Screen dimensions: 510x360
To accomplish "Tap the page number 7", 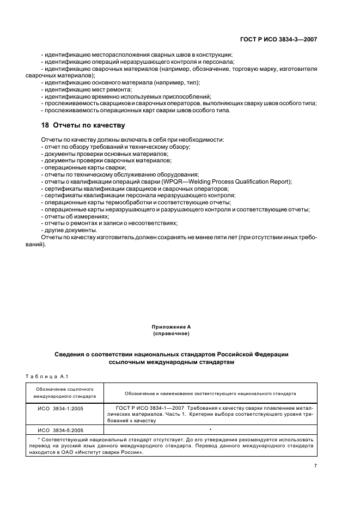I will (x=315, y=466).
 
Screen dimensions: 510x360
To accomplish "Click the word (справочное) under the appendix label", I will (x=172, y=333).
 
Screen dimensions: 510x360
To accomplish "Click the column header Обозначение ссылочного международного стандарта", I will (x=65, y=392).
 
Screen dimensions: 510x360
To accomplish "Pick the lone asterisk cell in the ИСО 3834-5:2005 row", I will (x=210, y=429).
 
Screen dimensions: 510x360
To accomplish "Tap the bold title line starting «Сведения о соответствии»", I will (x=172, y=354).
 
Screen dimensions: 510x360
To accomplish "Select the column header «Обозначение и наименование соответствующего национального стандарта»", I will (x=210, y=392).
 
